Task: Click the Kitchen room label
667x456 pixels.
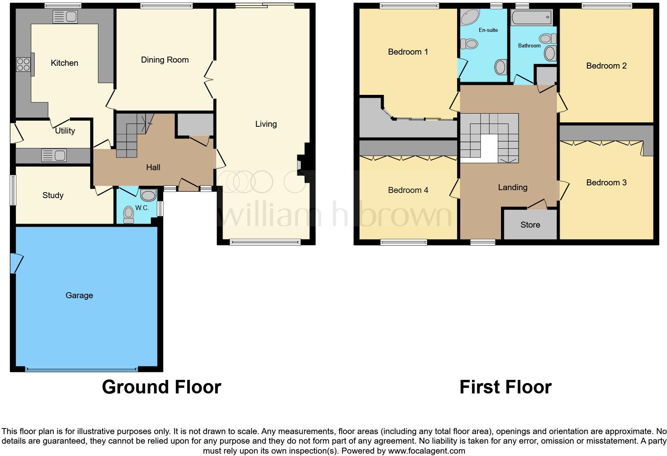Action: coord(64,63)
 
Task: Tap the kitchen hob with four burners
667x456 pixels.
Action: coord(23,65)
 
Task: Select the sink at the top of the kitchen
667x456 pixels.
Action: coord(65,17)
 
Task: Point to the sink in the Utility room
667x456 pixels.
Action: coord(54,155)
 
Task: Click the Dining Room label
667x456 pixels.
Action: coord(165,60)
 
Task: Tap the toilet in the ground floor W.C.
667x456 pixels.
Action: coord(128,214)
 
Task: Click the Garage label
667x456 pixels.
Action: coord(79,295)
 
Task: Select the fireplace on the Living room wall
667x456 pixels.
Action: coord(300,165)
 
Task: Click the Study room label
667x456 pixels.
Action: coord(53,195)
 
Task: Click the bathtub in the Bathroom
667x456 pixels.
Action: coord(532,18)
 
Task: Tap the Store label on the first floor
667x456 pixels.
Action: coord(530,225)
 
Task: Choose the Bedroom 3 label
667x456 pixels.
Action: coord(606,183)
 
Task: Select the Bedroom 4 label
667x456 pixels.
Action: coord(408,190)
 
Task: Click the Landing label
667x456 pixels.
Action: coord(512,187)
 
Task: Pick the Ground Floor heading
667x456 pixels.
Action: coord(161,387)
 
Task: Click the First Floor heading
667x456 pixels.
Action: coord(505,387)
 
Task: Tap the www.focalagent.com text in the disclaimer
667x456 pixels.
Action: coord(426,451)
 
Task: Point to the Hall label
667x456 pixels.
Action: coord(153,167)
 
